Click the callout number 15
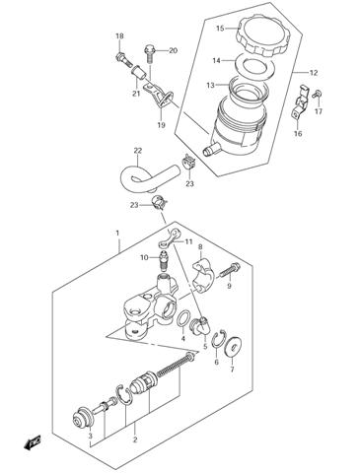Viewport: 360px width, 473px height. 221,28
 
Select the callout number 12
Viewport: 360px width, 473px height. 314,73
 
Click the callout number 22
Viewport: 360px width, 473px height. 138,151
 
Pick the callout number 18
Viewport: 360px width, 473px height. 119,36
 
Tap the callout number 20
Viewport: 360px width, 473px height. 173,50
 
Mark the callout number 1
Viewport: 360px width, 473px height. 117,234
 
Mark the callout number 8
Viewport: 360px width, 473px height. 199,247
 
